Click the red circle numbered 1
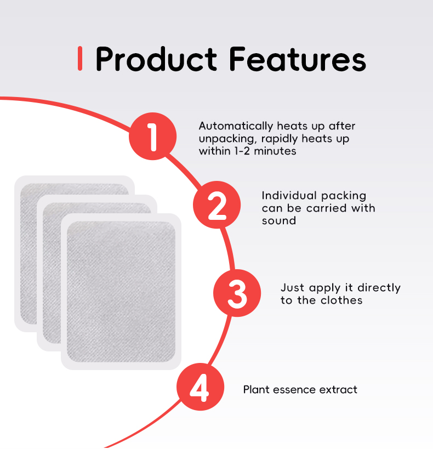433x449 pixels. (x=153, y=137)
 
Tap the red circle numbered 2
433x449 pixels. (x=217, y=205)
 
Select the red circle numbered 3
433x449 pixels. (x=237, y=294)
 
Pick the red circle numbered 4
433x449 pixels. (x=200, y=389)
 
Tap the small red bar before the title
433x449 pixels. (x=81, y=59)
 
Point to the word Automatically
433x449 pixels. (x=233, y=126)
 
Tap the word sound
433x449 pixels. (x=278, y=220)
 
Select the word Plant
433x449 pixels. (x=255, y=390)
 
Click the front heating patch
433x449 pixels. (x=121, y=291)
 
